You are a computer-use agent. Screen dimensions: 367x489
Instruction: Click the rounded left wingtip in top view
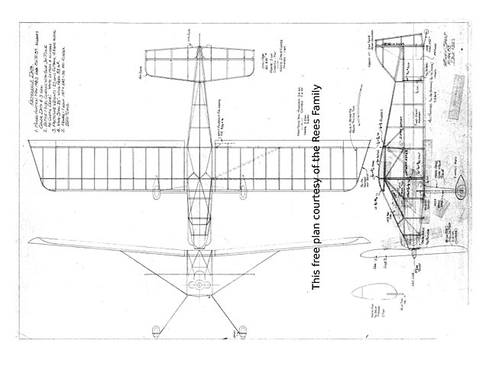click(x=37, y=164)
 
